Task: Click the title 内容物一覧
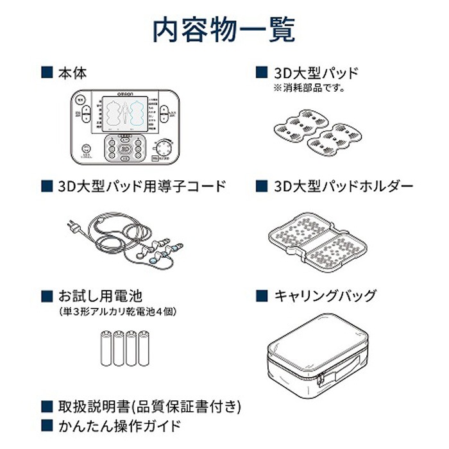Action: tap(224, 29)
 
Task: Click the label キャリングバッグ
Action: tap(325, 296)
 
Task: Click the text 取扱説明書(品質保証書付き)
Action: tap(149, 406)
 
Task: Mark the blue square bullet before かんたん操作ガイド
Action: tap(46, 425)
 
